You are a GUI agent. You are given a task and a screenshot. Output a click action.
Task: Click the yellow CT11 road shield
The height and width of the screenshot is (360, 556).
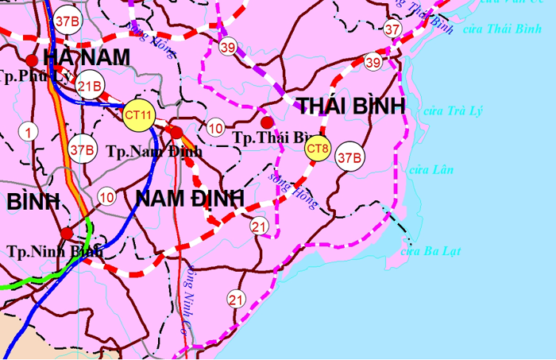point(139,116)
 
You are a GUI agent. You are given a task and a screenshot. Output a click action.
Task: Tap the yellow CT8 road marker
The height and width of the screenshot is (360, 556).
point(318,148)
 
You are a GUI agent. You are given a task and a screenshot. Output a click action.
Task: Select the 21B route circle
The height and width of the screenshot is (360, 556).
point(90,85)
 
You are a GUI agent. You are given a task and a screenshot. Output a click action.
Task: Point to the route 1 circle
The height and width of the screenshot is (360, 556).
point(29,132)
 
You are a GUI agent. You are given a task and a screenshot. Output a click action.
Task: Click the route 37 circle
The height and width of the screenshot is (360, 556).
point(392,29)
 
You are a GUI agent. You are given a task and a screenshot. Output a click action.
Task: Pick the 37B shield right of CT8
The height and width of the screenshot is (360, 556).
point(349,157)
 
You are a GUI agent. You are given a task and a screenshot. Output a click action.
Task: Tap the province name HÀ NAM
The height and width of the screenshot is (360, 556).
point(87,57)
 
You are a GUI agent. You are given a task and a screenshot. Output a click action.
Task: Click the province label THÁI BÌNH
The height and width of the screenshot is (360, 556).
point(351,106)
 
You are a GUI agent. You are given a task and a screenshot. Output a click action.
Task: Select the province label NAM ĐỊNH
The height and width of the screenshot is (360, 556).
point(189,199)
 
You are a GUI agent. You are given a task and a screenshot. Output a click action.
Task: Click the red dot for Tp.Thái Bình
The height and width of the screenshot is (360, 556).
point(268,122)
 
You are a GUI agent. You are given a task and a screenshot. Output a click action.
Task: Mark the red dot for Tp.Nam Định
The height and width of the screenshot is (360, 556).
point(177,132)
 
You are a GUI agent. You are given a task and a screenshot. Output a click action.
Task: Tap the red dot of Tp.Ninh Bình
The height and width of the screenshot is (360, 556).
point(68,233)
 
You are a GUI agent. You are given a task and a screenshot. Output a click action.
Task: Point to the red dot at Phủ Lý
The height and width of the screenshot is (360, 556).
point(32,60)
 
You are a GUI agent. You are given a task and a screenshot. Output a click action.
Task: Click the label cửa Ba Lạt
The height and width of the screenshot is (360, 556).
point(431,251)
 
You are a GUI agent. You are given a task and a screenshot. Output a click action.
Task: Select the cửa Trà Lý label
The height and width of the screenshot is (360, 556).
point(453,110)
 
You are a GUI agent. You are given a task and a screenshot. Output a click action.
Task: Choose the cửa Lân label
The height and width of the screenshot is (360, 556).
point(430,169)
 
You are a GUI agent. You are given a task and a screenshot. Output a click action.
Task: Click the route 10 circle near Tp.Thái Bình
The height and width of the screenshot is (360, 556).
point(215,128)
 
